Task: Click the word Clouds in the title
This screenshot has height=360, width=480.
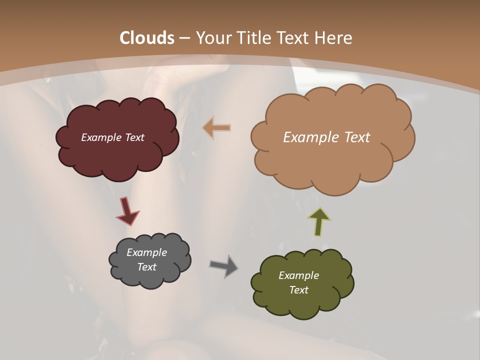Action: [x=146, y=38]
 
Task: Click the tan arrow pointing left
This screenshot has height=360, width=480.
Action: [x=217, y=127]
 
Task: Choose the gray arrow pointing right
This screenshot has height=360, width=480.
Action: [x=224, y=266]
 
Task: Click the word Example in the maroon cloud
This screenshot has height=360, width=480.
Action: [x=101, y=137]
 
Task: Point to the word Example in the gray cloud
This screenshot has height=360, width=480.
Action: [x=146, y=252]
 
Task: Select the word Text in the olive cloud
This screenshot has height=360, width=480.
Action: [x=298, y=290]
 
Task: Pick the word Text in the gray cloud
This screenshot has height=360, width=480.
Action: [x=146, y=267]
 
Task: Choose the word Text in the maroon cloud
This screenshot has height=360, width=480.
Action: [x=134, y=137]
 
